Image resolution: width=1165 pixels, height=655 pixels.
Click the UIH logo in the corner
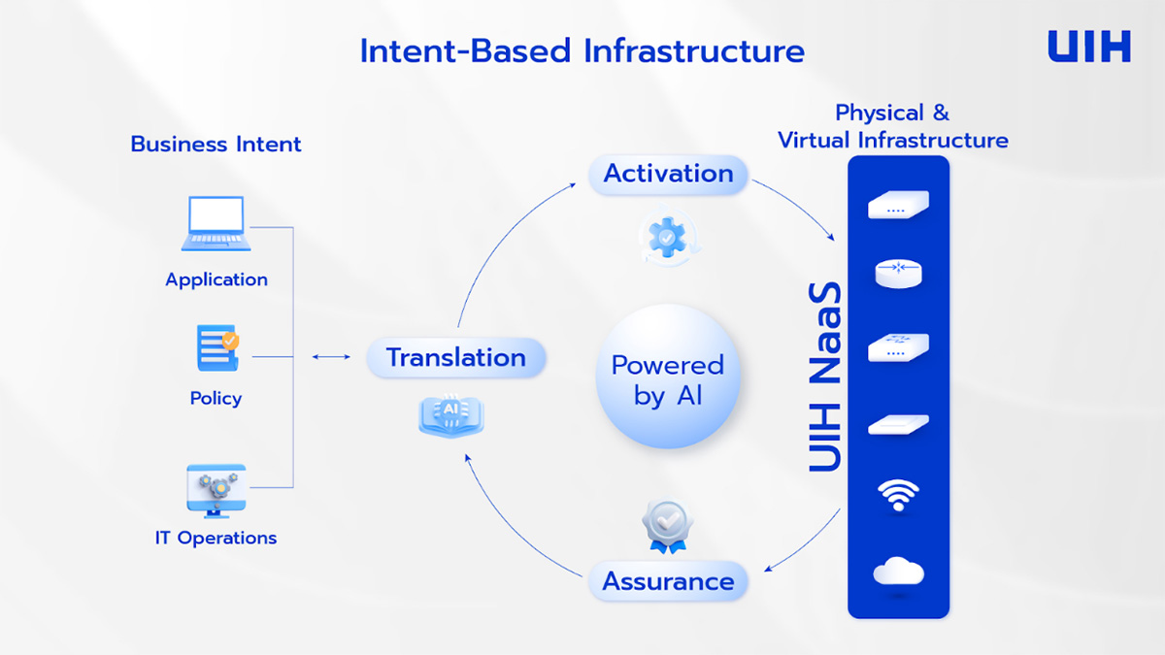[x=1088, y=47]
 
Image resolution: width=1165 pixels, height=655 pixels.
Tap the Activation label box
[x=668, y=175]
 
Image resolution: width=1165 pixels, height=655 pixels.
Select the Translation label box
[x=455, y=358]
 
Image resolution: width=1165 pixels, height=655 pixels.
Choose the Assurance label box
[x=668, y=582]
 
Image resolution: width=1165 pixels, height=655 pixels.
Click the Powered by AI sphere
[x=667, y=377]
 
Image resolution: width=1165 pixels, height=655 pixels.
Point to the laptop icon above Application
[x=216, y=224]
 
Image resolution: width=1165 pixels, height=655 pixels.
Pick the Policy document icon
[x=216, y=349]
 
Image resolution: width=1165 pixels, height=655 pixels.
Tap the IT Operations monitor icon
[x=216, y=491]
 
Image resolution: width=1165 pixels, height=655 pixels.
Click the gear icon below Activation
[x=667, y=237]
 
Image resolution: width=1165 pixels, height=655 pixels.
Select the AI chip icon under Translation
[x=450, y=413]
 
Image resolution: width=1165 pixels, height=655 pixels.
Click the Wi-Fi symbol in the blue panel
[x=898, y=495]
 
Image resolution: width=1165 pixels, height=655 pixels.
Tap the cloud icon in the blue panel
[x=898, y=572]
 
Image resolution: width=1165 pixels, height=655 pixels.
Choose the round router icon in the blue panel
[x=898, y=274]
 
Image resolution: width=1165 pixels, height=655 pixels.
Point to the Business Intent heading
[x=216, y=145]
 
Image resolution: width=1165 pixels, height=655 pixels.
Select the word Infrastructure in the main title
[x=693, y=50]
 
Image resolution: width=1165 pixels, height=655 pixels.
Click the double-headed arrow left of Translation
[x=331, y=357]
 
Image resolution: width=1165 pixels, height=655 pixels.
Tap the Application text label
[x=216, y=279]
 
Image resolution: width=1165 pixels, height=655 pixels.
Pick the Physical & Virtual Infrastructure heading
[x=893, y=126]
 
